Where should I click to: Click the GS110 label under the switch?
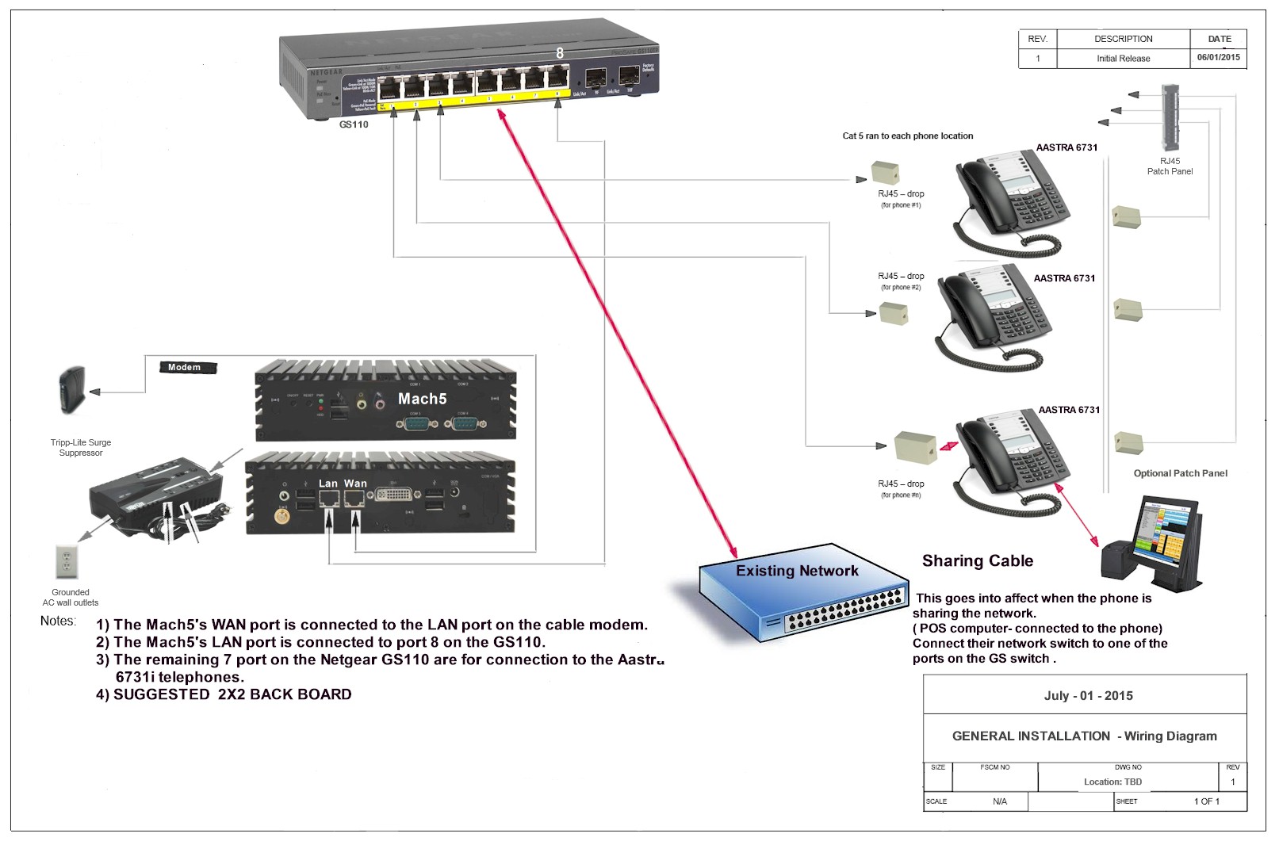354,124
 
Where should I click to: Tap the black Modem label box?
187,367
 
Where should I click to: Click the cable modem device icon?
71,390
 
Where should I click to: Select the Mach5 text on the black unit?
422,399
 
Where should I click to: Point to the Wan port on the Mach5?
354,499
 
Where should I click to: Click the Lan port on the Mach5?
329,499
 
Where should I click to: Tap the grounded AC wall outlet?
67,562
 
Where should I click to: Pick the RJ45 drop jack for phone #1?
885,173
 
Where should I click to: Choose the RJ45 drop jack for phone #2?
894,312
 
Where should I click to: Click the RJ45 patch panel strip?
1170,117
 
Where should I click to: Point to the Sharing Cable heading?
978,561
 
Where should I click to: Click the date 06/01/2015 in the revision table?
1218,58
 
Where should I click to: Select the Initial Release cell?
1123,59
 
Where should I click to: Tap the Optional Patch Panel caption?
1180,473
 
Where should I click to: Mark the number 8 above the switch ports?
560,53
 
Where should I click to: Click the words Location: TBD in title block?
1112,782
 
